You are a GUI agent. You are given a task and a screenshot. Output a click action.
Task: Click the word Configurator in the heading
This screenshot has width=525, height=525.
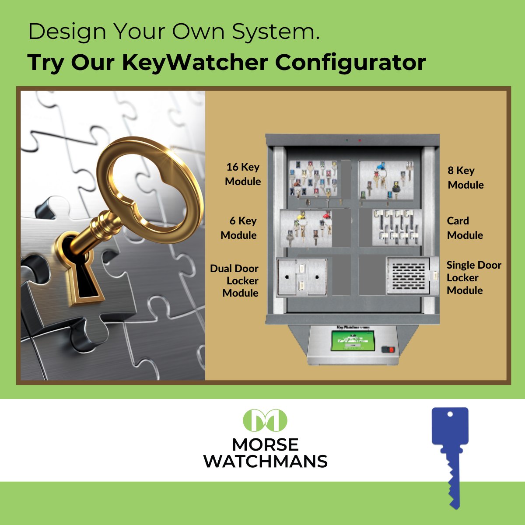[350, 62]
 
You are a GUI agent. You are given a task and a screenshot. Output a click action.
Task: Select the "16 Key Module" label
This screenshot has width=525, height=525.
[243, 174]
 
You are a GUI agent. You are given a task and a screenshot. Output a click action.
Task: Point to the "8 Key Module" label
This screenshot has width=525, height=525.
[465, 178]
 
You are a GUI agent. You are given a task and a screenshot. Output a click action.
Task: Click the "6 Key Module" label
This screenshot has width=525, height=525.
[239, 228]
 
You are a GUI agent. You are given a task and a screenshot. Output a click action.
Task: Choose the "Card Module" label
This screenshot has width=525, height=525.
[465, 228]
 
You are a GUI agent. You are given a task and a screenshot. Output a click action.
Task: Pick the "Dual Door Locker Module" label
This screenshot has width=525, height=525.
[235, 281]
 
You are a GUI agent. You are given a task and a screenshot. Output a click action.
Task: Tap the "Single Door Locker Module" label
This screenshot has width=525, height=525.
[473, 278]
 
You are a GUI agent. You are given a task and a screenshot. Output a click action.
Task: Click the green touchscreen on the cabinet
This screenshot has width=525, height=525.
[353, 341]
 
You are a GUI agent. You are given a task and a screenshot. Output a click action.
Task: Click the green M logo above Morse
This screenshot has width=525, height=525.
[265, 420]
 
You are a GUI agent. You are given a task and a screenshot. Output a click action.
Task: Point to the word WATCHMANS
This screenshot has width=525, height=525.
[266, 462]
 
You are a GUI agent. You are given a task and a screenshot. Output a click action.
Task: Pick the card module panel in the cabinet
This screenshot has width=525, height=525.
[396, 227]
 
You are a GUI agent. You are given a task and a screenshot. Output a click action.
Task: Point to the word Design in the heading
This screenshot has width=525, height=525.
[67, 32]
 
